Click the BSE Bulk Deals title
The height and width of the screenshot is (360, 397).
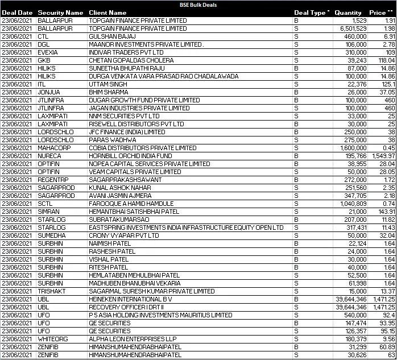point(198,5)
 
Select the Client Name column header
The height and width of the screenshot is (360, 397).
point(108,13)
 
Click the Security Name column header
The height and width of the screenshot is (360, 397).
point(60,13)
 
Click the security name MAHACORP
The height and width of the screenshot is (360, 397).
point(52,147)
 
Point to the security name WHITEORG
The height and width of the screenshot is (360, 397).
point(52,339)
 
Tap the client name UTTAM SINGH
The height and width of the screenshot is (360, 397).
point(107,84)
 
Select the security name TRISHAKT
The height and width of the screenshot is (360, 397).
point(52,291)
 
